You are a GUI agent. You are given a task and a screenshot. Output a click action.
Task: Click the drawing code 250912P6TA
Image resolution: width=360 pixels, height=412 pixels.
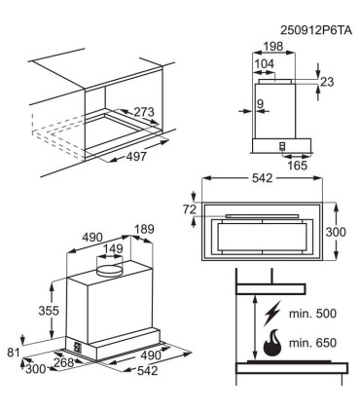click(x=316, y=30)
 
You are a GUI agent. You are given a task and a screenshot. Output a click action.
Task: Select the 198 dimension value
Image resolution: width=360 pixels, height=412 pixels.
click(x=272, y=47)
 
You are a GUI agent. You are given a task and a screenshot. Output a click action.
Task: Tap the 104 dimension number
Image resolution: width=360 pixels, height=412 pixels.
click(x=265, y=64)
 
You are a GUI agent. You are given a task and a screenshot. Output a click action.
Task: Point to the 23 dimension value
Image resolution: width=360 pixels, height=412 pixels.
click(x=327, y=82)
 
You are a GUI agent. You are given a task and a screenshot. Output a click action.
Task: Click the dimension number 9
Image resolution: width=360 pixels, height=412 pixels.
click(x=260, y=104)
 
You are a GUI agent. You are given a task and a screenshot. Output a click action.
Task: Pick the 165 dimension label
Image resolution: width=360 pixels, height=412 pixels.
click(x=297, y=166)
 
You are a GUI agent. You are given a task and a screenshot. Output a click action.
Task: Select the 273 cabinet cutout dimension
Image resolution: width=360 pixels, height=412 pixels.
click(x=144, y=112)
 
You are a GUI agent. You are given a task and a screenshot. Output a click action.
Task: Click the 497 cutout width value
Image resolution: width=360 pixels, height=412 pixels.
click(x=136, y=157)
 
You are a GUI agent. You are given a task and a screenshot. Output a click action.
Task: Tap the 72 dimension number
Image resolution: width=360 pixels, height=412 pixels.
click(x=190, y=209)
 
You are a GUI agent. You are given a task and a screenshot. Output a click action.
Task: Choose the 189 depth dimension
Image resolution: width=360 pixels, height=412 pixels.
click(x=144, y=229)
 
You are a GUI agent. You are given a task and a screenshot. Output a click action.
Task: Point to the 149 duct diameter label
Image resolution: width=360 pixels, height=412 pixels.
click(x=113, y=249)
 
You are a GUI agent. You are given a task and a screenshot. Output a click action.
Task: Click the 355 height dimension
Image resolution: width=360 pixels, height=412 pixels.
click(x=49, y=311)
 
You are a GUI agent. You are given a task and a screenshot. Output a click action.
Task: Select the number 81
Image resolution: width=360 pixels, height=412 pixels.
click(x=14, y=353)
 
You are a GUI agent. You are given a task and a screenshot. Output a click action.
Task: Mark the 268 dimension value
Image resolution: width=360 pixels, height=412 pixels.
click(x=63, y=362)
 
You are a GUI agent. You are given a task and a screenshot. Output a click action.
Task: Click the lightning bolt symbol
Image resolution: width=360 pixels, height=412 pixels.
click(x=272, y=314)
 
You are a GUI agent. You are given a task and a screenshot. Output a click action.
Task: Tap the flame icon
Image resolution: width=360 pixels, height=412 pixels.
click(x=271, y=343)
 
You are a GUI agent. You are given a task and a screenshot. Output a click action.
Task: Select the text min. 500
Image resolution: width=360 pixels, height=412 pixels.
click(x=312, y=314)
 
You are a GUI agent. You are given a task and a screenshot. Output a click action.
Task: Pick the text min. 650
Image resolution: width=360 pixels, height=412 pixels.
click(x=312, y=343)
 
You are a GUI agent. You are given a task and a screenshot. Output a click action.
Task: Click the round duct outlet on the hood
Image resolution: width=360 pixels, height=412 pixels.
click(x=110, y=271)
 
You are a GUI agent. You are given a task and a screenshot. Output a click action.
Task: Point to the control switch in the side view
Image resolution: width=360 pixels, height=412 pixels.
click(x=282, y=146)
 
